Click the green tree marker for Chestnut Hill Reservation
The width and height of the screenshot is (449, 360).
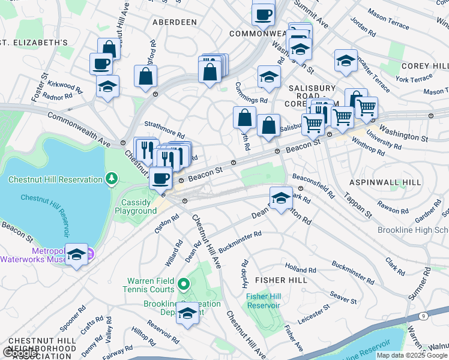click(x=111, y=179)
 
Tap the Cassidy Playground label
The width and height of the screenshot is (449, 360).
click(x=136, y=206)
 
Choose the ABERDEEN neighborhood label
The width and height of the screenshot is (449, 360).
click(x=175, y=22)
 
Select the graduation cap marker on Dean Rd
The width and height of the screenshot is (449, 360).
click(x=281, y=198)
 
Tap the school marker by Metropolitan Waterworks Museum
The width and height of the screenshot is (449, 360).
click(x=76, y=255)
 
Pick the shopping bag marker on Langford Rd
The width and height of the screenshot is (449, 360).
click(x=146, y=76)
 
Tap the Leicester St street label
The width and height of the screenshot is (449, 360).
click(x=318, y=315)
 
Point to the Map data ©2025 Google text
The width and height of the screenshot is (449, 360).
click(x=412, y=355)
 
